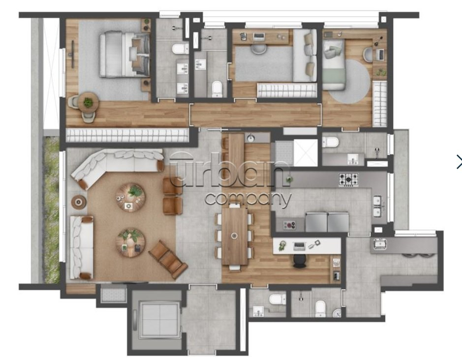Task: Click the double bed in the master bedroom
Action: click(x=124, y=55)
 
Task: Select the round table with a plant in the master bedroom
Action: click(x=88, y=102)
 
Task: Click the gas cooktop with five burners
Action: click(x=348, y=180)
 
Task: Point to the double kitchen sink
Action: click(x=377, y=206)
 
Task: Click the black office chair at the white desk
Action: click(x=300, y=261)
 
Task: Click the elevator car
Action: click(x=159, y=319)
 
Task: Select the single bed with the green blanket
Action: click(x=334, y=64)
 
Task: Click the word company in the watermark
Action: click(x=248, y=200)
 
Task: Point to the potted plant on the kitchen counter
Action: click(x=289, y=179)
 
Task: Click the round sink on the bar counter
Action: click(x=251, y=138)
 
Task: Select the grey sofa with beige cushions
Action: click(x=305, y=56)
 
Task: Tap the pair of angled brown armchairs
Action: click(x=168, y=260)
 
